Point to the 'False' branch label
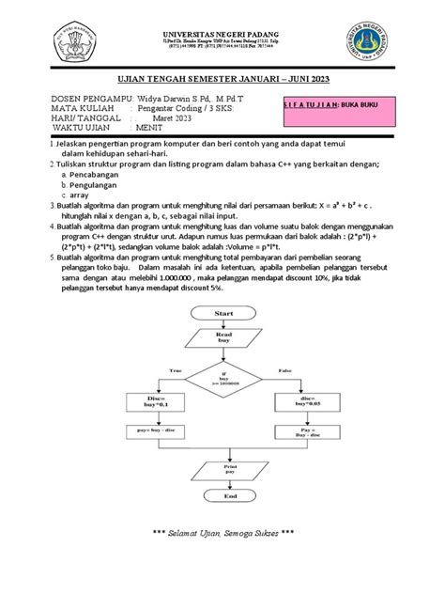coord(285,371)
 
